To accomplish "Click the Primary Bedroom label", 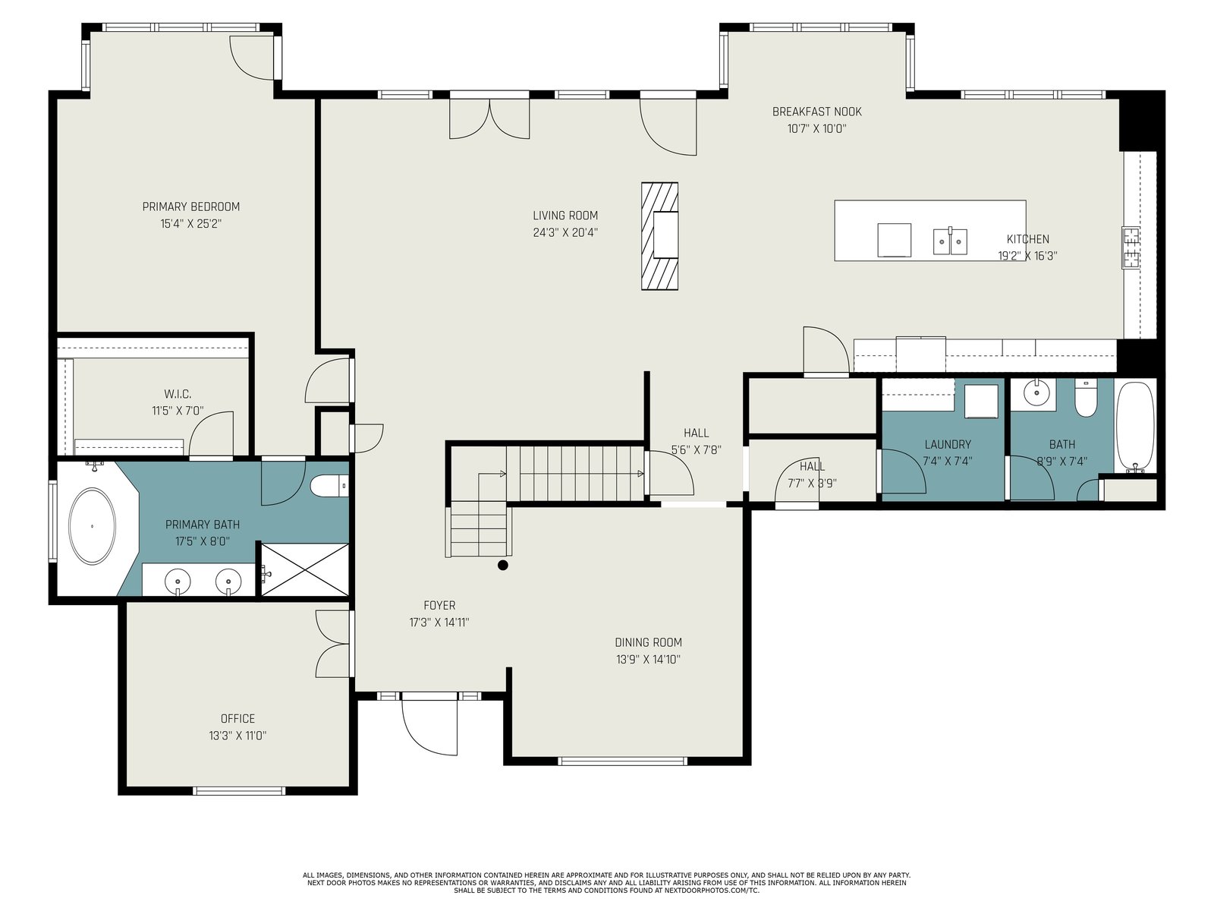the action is coord(190,206).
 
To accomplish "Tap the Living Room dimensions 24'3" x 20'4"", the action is coord(565,232).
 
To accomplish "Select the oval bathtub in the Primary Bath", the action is coord(92,526).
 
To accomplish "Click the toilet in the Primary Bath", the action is coord(329,486).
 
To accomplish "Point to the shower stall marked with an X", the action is coord(305,569).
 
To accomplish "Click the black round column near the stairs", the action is coord(503,566).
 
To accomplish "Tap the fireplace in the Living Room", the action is coord(660,236).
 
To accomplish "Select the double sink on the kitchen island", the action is coord(950,241).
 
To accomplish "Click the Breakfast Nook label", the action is coord(817,112).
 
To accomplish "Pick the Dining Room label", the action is coord(648,642).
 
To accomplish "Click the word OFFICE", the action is coord(237,718).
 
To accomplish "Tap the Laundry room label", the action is coord(948,444).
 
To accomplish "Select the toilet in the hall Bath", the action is coord(1086,398).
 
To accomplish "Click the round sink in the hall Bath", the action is coord(1033,394).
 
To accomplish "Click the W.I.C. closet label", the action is coord(178,394).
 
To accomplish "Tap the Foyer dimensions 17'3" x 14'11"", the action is coord(439,623).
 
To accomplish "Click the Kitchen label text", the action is coord(1027,239).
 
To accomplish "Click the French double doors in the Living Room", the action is coord(489,119).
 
